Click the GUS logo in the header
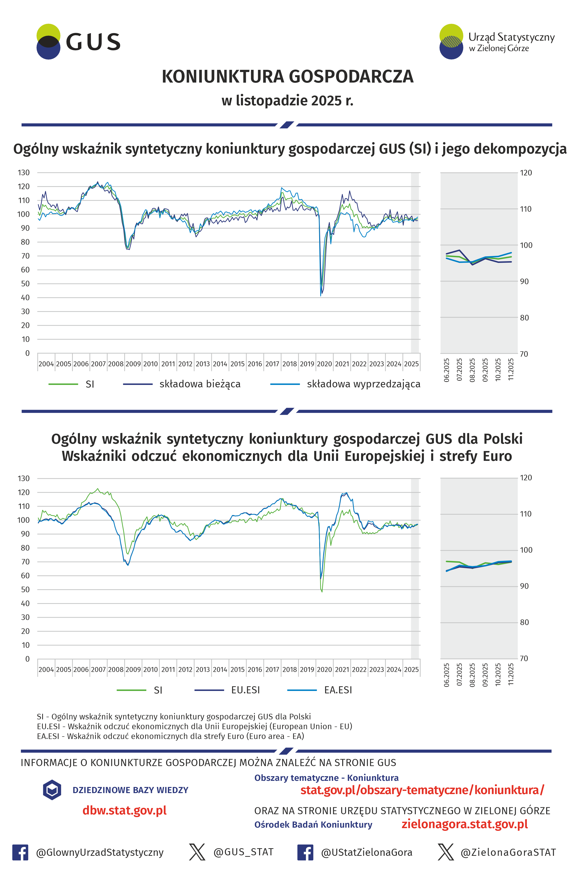click(x=78, y=42)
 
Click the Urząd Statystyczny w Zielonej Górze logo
click(x=497, y=42)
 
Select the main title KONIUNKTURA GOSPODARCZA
click(x=287, y=77)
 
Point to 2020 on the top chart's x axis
click(x=324, y=364)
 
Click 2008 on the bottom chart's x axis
click(x=115, y=670)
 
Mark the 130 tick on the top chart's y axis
click(x=24, y=173)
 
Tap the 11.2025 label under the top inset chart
click(x=511, y=369)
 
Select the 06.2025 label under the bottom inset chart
click(x=446, y=675)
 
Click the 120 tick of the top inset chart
click(x=526, y=173)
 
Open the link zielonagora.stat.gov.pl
click(x=465, y=824)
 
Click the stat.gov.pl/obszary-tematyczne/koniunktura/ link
click(x=422, y=790)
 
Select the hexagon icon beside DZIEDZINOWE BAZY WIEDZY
click(x=52, y=790)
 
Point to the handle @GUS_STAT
click(x=243, y=852)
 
